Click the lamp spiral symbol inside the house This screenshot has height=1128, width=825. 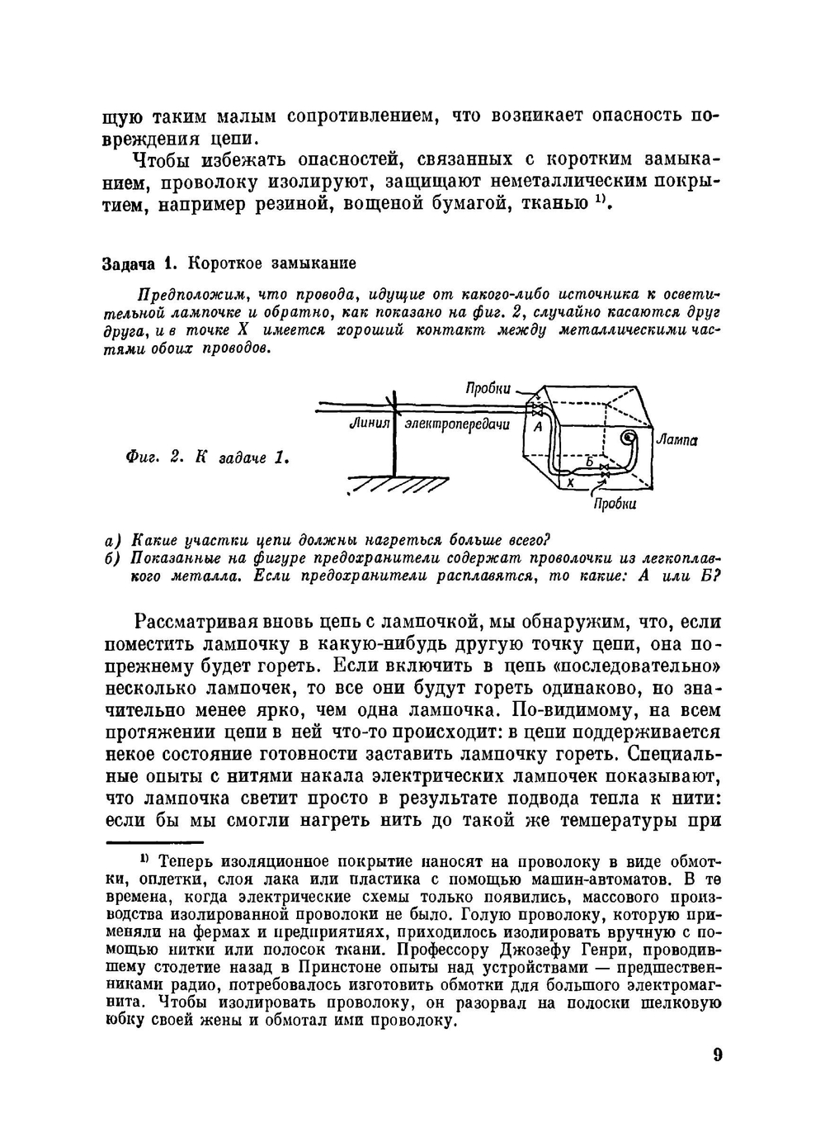[x=629, y=435]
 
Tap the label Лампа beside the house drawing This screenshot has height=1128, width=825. [x=677, y=440]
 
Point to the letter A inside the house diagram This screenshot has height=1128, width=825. [x=538, y=427]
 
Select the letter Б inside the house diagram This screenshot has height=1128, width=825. [x=589, y=461]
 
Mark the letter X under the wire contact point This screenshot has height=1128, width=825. [x=569, y=483]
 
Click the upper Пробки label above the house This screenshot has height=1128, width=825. [x=488, y=389]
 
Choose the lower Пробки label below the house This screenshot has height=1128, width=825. [x=615, y=503]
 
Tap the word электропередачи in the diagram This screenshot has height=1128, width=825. [x=456, y=424]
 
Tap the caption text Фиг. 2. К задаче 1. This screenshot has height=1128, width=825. [x=207, y=457]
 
